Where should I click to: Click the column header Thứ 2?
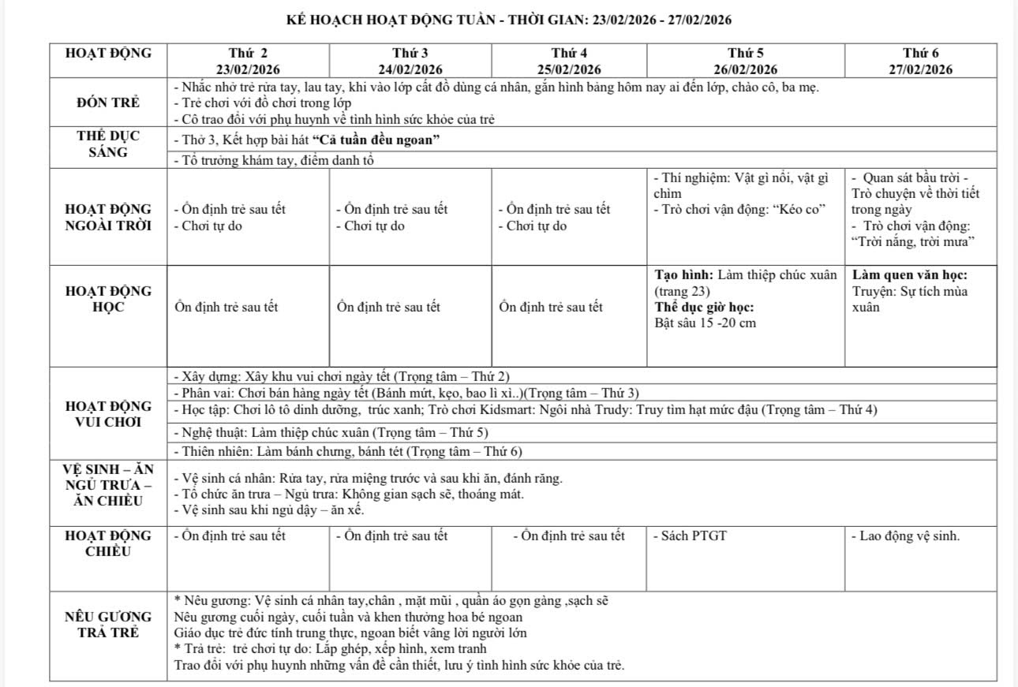[x=248, y=54]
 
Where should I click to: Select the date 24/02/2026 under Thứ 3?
[x=410, y=69]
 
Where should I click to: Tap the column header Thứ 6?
[x=921, y=54]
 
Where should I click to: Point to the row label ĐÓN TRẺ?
[x=108, y=103]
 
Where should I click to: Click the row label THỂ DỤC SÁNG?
[x=108, y=144]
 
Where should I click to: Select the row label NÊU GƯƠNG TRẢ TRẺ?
[x=108, y=625]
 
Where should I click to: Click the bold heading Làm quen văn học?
[x=910, y=275]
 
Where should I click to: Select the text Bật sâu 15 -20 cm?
[x=705, y=323]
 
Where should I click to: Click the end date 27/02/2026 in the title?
[x=700, y=20]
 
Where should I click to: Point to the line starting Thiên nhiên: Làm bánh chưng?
[x=347, y=452]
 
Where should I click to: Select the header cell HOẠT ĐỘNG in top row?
[x=108, y=54]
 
